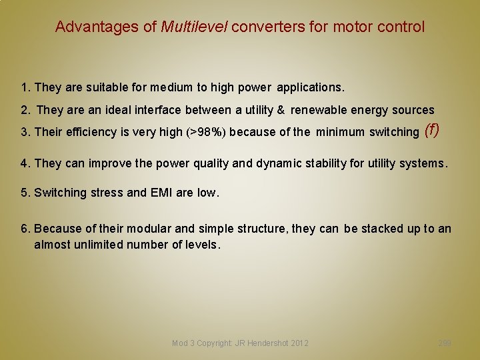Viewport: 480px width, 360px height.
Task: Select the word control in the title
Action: pyautogui.click(x=400, y=27)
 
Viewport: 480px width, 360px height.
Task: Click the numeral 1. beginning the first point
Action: pyautogui.click(x=26, y=87)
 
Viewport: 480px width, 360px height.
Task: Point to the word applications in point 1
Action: pyautogui.click(x=309, y=87)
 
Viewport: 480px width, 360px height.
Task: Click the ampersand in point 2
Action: pyautogui.click(x=281, y=110)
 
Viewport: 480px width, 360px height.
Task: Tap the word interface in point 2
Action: pyautogui.click(x=159, y=110)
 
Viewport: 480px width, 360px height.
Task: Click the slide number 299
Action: pyautogui.click(x=445, y=343)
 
